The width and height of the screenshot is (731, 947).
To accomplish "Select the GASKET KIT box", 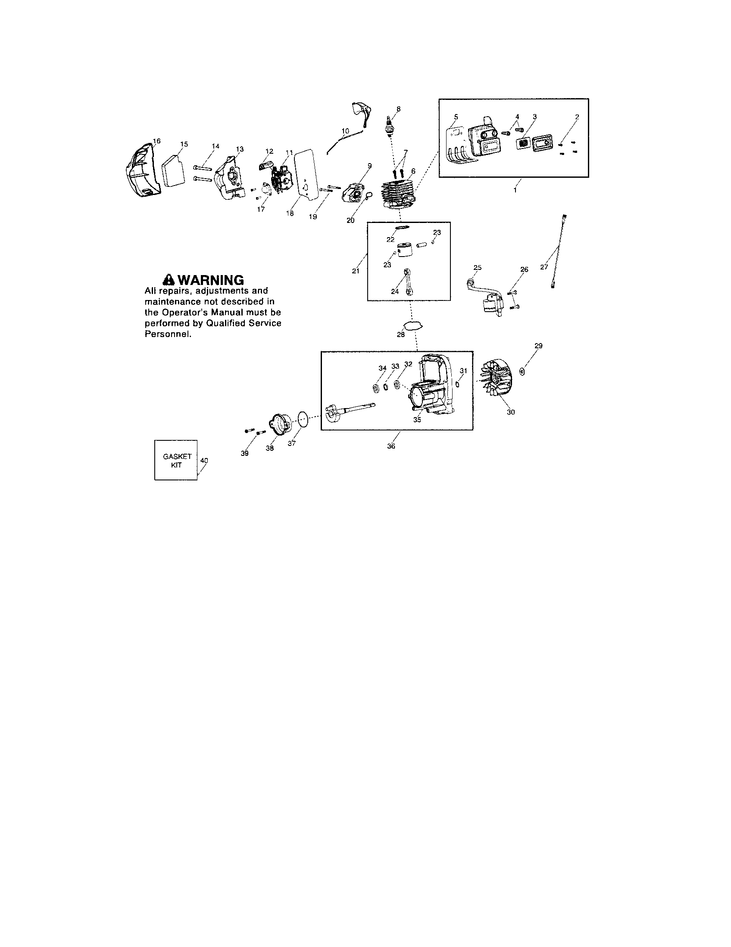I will coord(176,460).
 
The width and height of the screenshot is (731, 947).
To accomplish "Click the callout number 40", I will coord(204,461).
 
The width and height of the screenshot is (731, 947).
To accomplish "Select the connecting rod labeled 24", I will coord(409,282).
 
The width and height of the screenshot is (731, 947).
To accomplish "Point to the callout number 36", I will coord(391,446).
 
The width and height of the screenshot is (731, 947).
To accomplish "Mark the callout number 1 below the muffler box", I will coord(515,190).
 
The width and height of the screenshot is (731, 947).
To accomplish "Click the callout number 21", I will coord(356,271).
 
